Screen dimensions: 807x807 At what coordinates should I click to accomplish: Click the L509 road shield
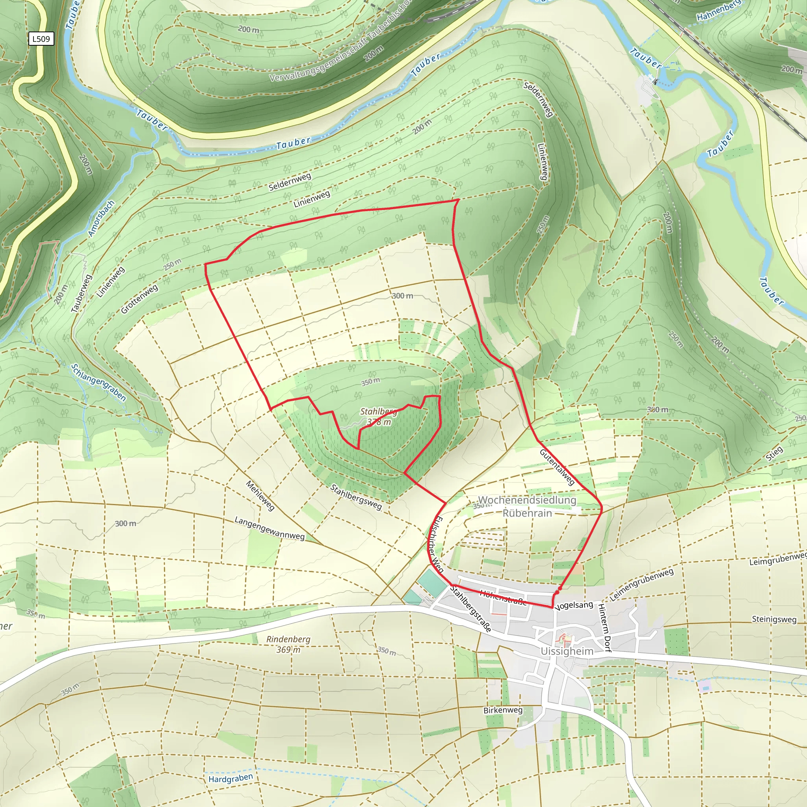41,39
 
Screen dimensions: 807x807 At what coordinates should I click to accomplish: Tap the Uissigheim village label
566,651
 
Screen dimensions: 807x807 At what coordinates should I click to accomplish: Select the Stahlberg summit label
378,411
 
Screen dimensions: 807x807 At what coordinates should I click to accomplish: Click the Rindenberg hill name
288,639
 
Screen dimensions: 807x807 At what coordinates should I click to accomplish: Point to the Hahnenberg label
718,11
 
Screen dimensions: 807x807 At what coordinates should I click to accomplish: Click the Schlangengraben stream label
98,382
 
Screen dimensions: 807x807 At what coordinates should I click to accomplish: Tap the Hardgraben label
231,778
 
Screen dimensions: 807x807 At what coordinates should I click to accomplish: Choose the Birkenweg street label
502,710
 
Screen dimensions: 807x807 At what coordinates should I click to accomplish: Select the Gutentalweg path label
557,467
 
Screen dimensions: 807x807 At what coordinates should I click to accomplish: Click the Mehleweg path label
260,496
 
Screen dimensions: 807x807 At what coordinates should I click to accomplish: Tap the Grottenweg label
139,299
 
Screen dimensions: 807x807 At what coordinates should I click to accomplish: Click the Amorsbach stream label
101,219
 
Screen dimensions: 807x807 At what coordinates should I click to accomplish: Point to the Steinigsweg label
774,619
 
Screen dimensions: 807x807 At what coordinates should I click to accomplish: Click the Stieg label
774,453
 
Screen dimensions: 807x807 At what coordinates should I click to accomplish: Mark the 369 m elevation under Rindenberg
288,649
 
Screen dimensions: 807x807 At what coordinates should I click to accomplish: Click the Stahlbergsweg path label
356,497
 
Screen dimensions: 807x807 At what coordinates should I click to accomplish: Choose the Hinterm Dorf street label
604,627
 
